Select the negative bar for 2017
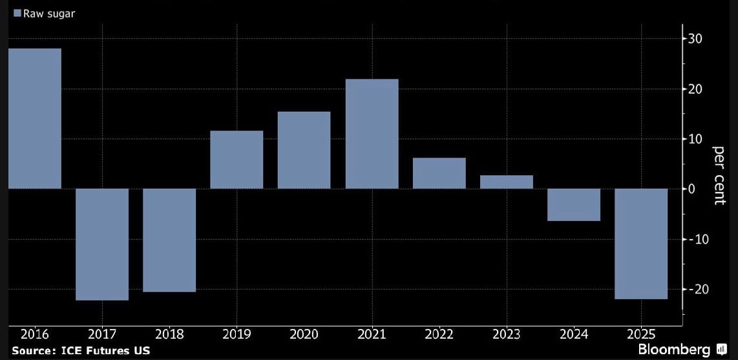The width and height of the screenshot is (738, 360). click(102, 244)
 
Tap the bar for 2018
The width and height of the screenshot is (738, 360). click(169, 240)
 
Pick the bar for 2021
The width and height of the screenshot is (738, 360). click(372, 134)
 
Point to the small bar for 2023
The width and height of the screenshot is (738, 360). click(507, 182)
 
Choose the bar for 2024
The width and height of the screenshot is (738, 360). click(574, 205)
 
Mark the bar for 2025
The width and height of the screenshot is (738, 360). click(641, 244)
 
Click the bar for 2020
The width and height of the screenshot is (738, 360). click(304, 150)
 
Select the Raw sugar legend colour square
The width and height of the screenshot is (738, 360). click(17, 13)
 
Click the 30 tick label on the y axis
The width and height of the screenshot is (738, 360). click(695, 39)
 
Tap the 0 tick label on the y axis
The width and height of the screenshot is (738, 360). click(692, 189)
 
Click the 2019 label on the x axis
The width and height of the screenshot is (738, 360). click(237, 334)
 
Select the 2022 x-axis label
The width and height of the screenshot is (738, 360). click(439, 334)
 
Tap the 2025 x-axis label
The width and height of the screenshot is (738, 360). click(642, 334)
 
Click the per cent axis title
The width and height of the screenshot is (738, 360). click(719, 175)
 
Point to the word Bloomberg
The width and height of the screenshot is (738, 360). click(674, 350)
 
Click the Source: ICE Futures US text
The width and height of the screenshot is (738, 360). click(81, 350)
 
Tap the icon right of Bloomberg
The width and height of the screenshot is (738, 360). click(722, 350)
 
